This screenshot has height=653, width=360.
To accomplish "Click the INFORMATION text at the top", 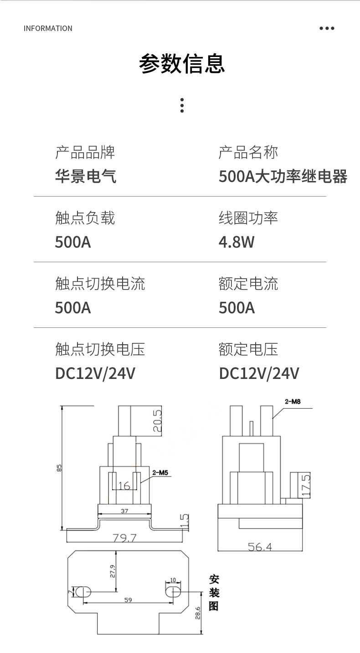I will pos(48,28).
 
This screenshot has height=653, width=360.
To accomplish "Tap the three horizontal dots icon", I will pos(327,28).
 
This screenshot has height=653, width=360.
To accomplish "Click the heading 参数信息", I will pos(182,63).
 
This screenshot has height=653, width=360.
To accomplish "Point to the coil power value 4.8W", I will pos(236,242).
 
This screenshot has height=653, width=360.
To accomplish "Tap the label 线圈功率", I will pos(248,218).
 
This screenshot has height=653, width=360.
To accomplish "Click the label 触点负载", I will pos(85,218).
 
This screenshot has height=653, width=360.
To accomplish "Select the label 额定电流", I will pos(248,284).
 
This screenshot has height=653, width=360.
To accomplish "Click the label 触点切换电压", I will pos(100,349).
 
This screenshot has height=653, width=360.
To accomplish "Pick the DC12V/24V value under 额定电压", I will pos(258,373).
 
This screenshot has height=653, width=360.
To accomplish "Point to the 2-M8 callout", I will pos(293,402).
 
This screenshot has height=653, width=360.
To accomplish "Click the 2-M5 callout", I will pos(160,473).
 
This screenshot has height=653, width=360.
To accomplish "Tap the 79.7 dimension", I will pos(124,538).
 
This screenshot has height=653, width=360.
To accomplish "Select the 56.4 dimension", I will pos(260,546).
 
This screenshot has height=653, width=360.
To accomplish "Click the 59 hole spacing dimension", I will pos(128,600).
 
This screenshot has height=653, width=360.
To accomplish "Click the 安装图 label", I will pos(214,593).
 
